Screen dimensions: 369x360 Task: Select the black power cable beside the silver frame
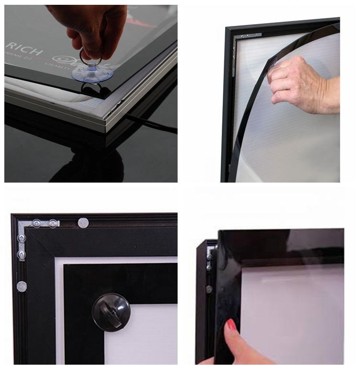coord(154,126)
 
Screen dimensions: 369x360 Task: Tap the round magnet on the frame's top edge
coord(83,222)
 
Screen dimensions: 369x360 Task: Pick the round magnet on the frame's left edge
coord(22,287)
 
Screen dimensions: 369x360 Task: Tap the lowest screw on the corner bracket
coord(22,254)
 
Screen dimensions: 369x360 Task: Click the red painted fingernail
coord(232,325)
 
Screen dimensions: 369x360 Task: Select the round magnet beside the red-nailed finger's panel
coord(209,289)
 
